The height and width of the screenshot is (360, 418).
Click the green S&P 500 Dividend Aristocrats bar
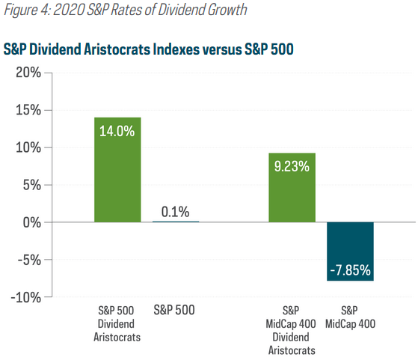click(117, 170)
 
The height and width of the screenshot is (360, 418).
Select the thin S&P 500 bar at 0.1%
click(176, 222)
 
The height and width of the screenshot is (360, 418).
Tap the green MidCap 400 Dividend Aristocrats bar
click(292, 188)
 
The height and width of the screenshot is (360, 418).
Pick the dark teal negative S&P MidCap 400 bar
click(350, 251)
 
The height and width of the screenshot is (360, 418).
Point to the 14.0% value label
click(117, 131)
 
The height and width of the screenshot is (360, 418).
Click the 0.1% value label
click(176, 212)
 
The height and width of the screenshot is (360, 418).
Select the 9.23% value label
click(292, 166)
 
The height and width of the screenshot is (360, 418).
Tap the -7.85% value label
click(350, 270)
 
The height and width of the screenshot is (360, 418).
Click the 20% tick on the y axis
click(28, 73)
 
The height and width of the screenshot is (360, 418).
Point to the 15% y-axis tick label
click(28, 110)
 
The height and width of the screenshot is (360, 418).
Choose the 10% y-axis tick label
click(28, 147)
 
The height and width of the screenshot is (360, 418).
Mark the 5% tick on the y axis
click(32, 185)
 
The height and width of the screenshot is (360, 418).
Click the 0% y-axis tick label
click(32, 222)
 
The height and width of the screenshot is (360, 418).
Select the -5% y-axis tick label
click(29, 260)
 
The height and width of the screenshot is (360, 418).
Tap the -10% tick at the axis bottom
click(26, 297)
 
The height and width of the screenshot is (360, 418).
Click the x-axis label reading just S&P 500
click(174, 310)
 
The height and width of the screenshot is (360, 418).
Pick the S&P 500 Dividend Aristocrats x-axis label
click(117, 324)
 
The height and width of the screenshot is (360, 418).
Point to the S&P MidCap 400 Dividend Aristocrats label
click(292, 330)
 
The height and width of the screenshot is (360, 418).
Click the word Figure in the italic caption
click(21, 10)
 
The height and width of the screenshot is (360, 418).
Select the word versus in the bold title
click(222, 49)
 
